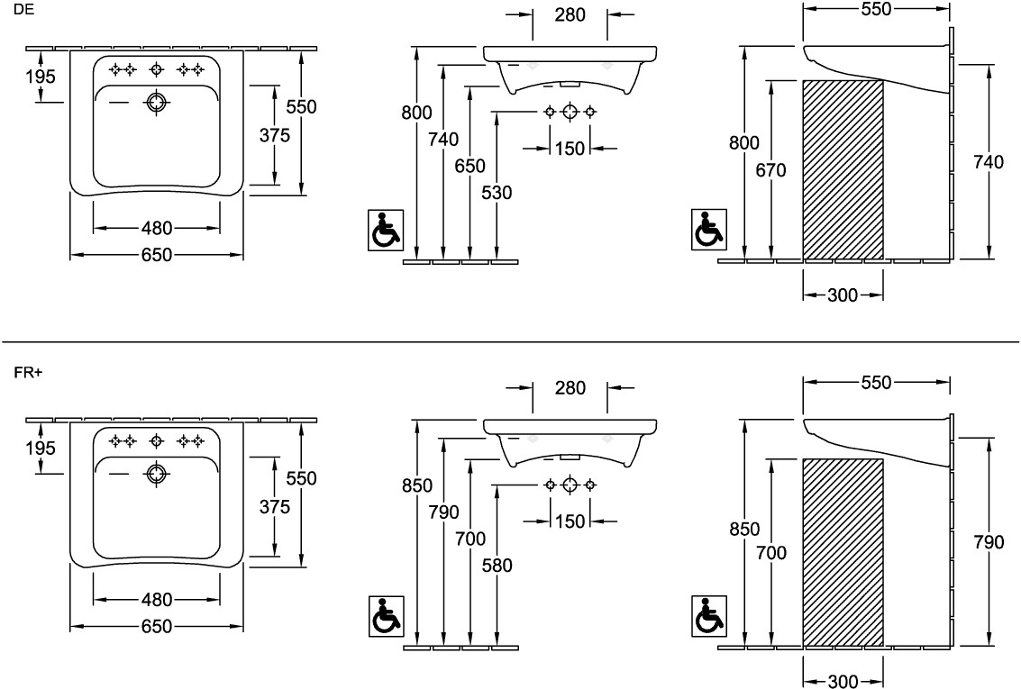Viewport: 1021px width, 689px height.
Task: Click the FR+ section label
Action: (x=28, y=372)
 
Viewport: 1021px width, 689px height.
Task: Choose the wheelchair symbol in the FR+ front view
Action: (x=387, y=616)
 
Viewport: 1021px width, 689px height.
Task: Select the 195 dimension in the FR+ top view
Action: (x=40, y=448)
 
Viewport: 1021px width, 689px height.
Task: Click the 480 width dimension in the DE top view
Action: (x=157, y=228)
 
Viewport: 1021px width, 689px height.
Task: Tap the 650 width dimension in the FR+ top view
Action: (x=157, y=627)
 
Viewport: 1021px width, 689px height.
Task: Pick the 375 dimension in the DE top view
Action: (x=274, y=135)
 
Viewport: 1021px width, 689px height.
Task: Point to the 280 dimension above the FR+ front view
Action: (x=570, y=388)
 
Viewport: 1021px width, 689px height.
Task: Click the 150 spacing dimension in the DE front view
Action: (x=570, y=148)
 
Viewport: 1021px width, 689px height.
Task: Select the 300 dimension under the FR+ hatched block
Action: (x=843, y=682)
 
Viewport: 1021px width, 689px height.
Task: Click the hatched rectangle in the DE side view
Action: (x=843, y=169)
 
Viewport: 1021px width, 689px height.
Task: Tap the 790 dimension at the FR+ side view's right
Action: (x=989, y=542)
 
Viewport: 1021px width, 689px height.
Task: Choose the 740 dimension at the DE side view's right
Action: (x=989, y=162)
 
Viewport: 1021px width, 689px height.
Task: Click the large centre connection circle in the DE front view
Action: (x=570, y=112)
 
